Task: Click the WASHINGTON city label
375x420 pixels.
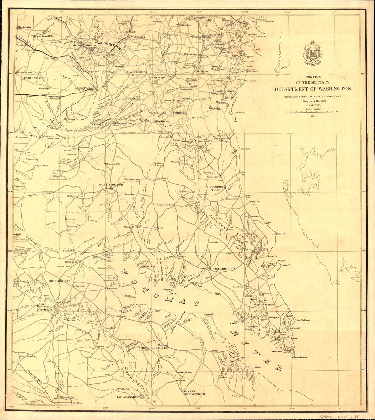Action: click(x=108, y=45)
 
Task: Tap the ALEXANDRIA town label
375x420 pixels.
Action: click(x=84, y=88)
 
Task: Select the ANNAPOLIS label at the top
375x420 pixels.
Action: click(x=232, y=25)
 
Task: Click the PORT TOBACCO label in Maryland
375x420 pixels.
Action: click(x=111, y=185)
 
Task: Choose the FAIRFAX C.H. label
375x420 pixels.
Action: click(x=32, y=78)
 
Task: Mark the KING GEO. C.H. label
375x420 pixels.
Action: click(x=60, y=281)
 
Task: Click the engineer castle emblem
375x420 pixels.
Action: click(x=313, y=53)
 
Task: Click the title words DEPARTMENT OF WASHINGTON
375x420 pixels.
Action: click(x=313, y=89)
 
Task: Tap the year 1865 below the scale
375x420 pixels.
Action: click(x=313, y=116)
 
